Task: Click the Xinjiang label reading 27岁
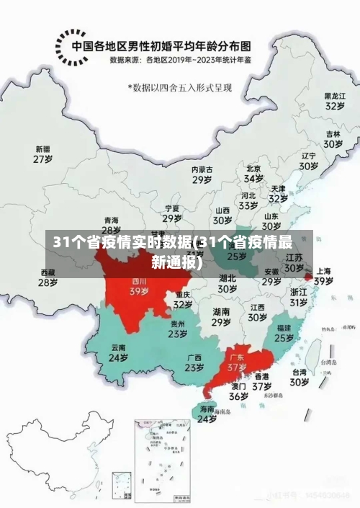click(43, 154)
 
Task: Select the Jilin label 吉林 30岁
click(333, 138)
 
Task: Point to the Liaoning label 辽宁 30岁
click(309, 160)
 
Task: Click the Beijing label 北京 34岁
click(253, 172)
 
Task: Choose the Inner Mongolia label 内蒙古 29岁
click(202, 174)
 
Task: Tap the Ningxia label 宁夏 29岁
click(171, 213)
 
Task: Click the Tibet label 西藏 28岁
click(48, 277)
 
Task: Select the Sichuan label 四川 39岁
click(139, 287)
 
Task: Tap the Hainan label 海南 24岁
click(207, 413)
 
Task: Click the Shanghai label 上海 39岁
click(323, 276)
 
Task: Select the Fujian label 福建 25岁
click(284, 332)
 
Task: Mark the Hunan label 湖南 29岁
click(221, 317)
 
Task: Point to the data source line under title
click(181, 60)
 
